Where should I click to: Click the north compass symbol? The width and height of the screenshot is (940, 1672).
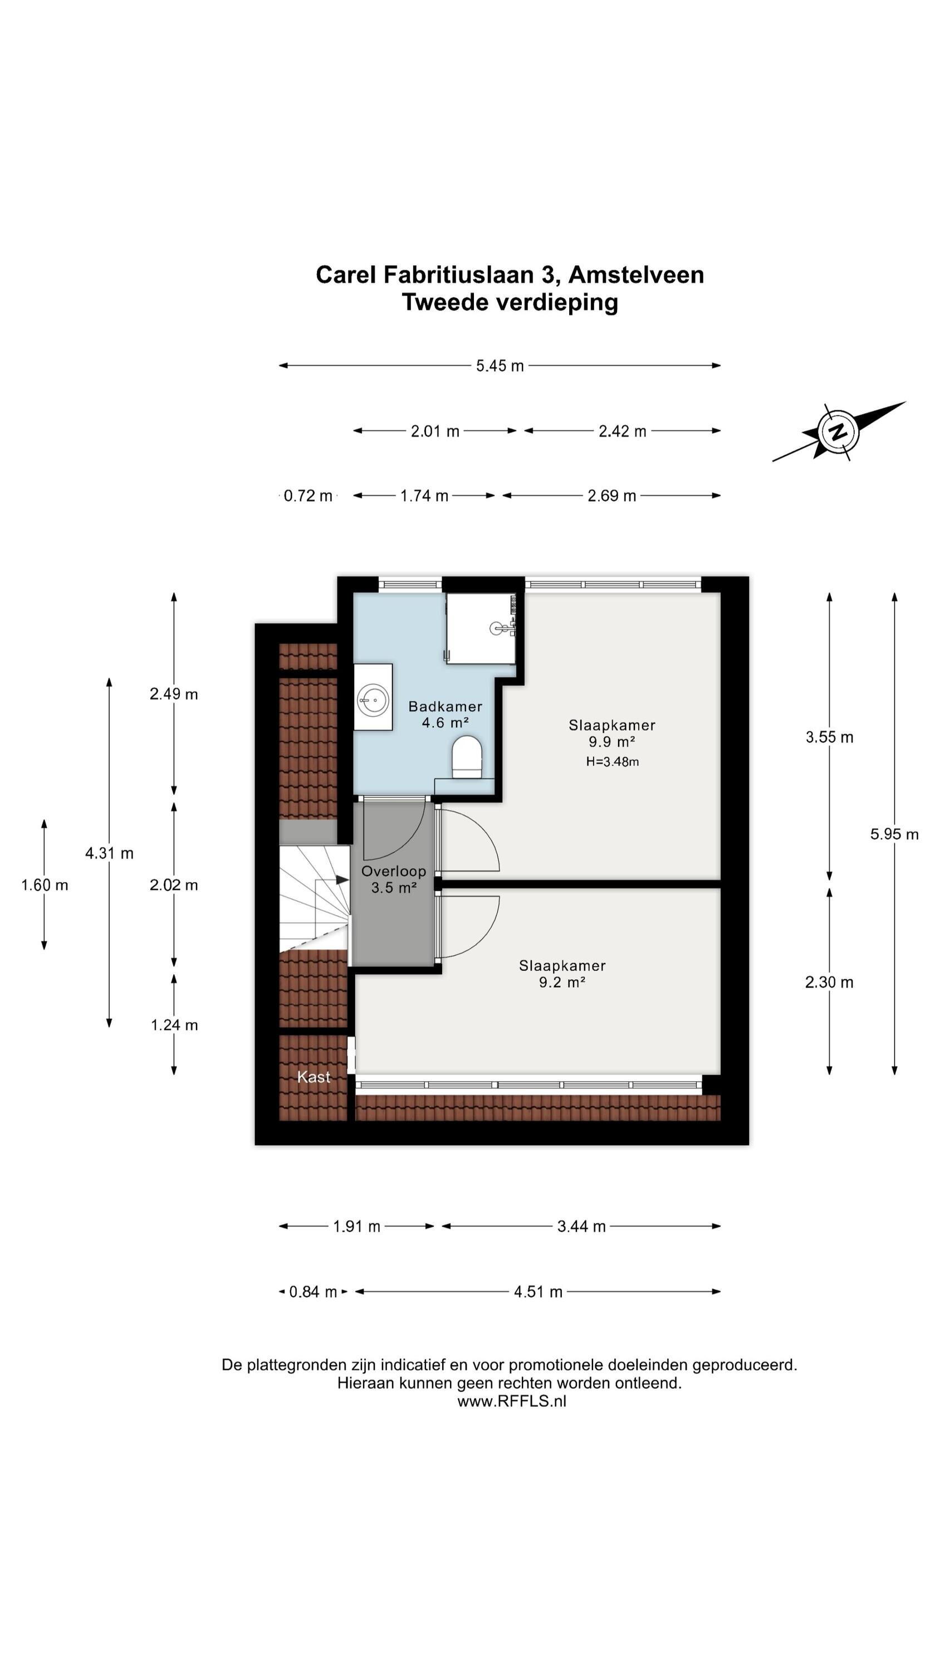pos(838,431)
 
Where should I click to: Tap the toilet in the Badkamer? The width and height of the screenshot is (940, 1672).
pos(467,757)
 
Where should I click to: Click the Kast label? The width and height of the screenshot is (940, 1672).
pos(314,1077)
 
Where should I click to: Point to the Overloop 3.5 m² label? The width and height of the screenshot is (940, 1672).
pos(393,879)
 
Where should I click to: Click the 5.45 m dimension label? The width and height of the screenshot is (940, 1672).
pos(500,366)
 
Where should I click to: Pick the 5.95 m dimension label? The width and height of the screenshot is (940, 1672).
pos(894,834)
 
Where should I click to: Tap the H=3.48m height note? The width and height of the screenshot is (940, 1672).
pos(613,762)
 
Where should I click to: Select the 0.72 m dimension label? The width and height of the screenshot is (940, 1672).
pos(308,496)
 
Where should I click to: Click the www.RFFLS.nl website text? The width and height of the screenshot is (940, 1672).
pos(511,1401)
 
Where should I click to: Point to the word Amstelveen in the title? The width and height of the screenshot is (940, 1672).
pos(636,275)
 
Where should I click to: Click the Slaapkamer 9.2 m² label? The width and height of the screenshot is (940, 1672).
pos(562,974)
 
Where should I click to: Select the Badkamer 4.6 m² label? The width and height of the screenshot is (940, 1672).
pos(445,714)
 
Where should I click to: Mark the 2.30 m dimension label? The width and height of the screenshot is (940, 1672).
pos(829,982)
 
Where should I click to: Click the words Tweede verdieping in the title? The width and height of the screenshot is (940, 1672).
pos(510,303)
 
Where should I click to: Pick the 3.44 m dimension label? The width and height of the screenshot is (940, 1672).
pos(581,1226)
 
